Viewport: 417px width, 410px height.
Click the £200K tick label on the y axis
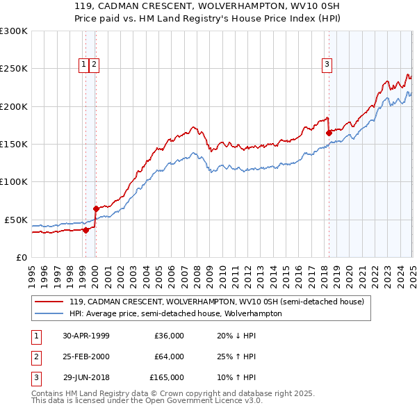14,106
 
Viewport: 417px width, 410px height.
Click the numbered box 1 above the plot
83,65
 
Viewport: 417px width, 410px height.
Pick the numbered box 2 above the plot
94,65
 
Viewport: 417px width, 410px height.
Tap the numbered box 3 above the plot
327,65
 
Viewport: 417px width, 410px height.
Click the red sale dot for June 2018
328,133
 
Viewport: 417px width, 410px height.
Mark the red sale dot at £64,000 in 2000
96,208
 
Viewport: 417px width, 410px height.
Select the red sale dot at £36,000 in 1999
85,230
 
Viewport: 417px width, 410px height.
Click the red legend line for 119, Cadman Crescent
49,302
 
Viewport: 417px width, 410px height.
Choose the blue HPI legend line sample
49,313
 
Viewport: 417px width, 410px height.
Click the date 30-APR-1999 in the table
86,336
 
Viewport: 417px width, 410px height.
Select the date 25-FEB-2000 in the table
86,356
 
